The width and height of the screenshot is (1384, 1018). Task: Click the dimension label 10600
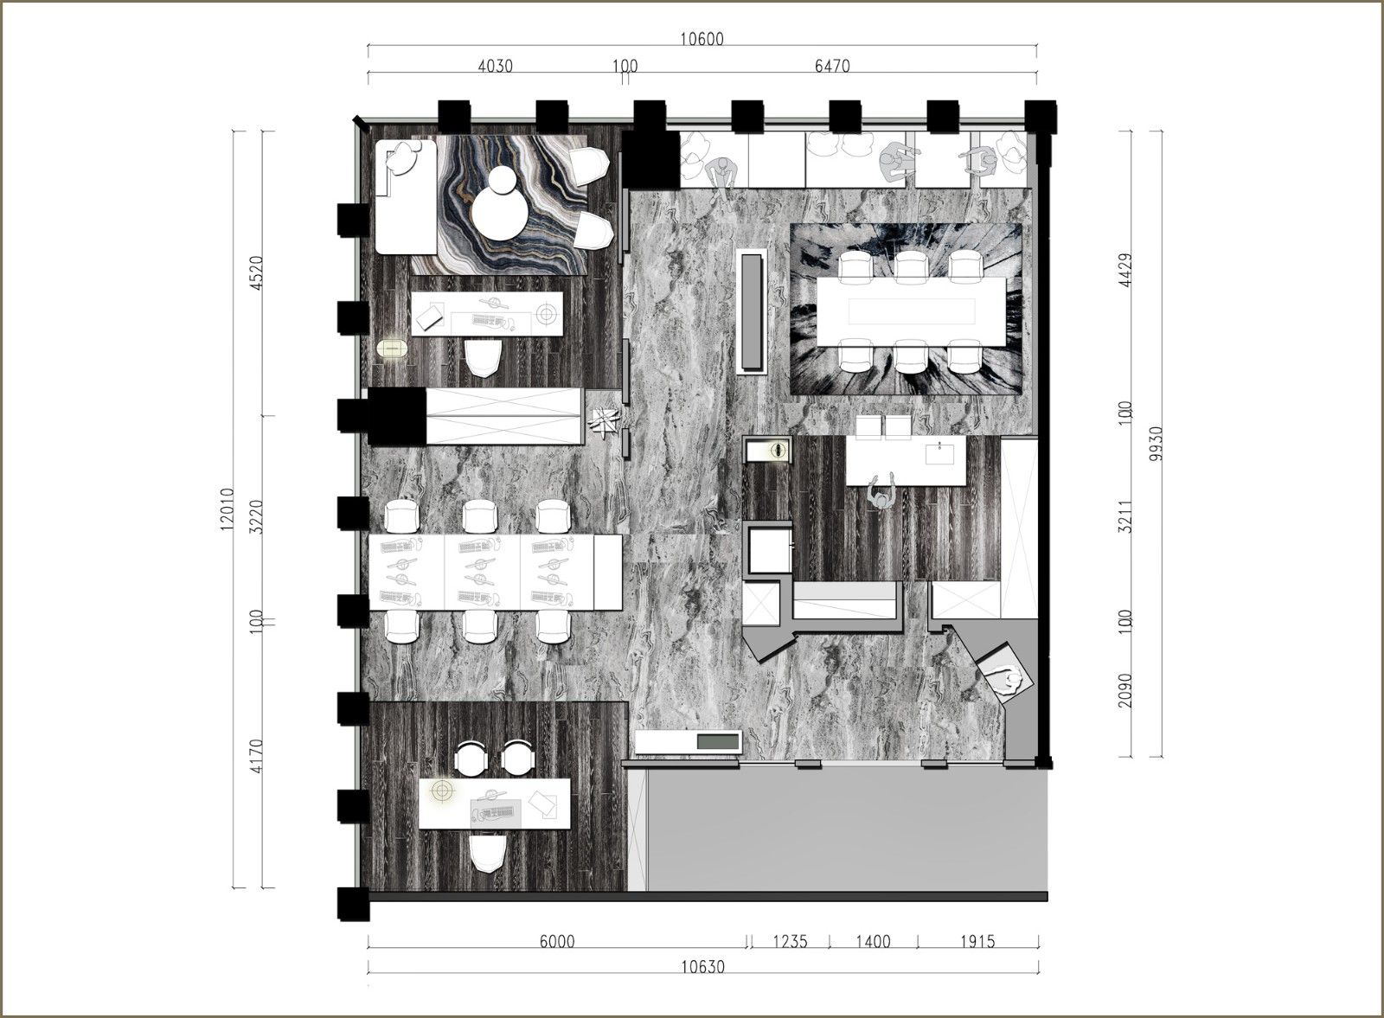(702, 40)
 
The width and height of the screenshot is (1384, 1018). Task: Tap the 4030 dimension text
(496, 66)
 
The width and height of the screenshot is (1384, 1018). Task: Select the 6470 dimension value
(832, 66)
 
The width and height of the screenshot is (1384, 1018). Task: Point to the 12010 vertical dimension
(226, 509)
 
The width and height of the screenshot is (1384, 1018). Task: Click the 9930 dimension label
(1157, 444)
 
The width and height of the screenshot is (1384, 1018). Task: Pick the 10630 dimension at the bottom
(703, 967)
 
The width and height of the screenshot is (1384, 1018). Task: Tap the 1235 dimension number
(791, 941)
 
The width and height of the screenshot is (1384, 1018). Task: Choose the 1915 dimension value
(978, 941)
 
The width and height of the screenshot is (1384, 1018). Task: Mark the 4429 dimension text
(1125, 270)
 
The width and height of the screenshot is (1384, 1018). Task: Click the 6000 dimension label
(557, 941)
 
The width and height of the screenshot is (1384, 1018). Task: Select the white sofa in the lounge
(406, 196)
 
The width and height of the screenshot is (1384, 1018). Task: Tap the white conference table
(912, 311)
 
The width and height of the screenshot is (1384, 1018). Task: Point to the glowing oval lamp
(393, 348)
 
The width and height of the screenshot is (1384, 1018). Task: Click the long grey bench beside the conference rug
(752, 311)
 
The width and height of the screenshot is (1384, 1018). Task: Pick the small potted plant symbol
(604, 422)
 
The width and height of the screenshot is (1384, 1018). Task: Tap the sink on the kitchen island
(939, 454)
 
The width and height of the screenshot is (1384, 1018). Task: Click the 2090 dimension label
(1125, 690)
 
